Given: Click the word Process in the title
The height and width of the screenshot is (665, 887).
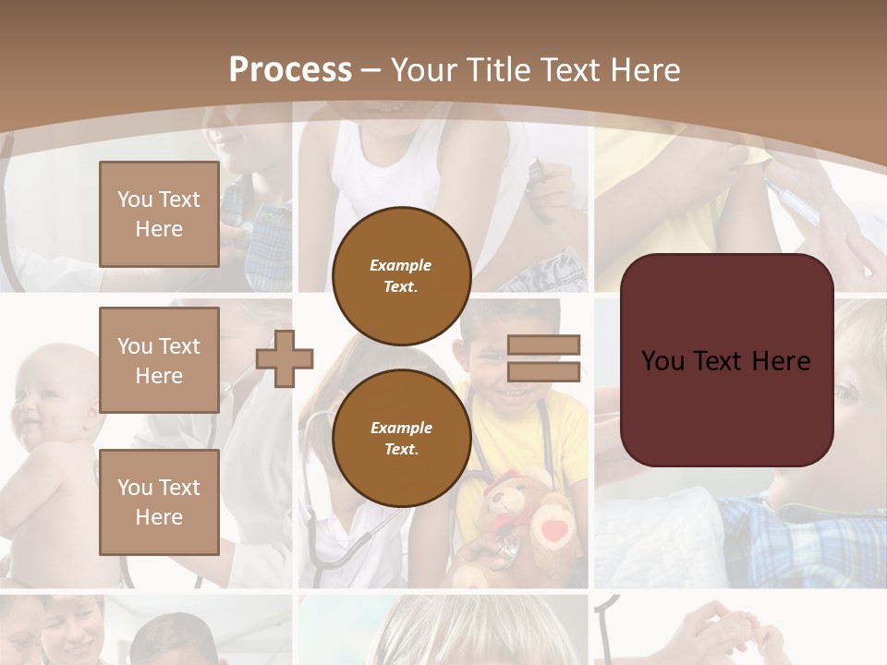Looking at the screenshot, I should tap(290, 70).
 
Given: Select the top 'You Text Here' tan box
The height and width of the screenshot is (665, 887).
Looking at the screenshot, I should tap(159, 214).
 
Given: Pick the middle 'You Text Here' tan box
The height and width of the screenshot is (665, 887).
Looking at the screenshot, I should tap(159, 360).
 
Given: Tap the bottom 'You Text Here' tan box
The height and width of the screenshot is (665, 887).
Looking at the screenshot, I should tap(159, 502).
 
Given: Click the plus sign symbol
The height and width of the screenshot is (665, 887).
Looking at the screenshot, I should tap(285, 358).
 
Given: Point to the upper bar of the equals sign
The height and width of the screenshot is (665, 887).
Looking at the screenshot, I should tap(543, 345).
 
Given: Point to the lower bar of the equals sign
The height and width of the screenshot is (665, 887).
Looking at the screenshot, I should tap(543, 371).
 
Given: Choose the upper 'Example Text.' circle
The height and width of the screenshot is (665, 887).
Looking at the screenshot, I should tap(401, 275).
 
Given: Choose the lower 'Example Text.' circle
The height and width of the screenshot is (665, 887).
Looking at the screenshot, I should tap(401, 438).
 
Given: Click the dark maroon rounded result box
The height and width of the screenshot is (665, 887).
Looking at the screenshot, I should tap(726, 360).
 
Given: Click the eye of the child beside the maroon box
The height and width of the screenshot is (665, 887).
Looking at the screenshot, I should tap(846, 393).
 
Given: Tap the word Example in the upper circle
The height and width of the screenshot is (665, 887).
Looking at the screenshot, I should tap(401, 265).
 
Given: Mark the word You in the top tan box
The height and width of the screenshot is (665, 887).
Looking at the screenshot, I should tap(135, 199).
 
